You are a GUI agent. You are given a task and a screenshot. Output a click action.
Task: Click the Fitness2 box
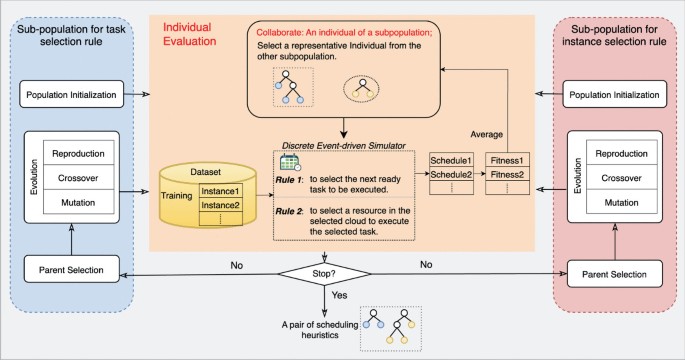[x=510, y=175]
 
